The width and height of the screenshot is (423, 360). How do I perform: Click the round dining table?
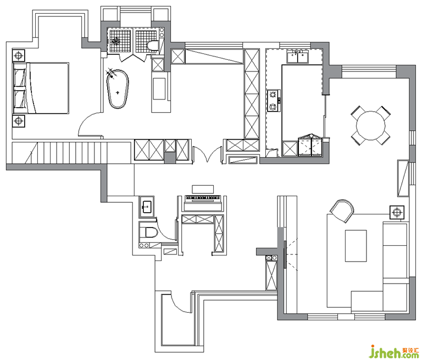371,125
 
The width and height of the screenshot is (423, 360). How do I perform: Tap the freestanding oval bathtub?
118,89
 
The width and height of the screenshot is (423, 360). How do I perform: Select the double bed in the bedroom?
41,88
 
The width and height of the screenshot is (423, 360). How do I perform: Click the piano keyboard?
202,198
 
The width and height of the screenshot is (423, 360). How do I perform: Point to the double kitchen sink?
298,57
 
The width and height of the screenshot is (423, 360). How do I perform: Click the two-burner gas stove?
274,101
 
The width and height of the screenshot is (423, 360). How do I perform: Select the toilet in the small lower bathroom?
148,232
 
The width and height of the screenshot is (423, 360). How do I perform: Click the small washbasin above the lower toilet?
147,207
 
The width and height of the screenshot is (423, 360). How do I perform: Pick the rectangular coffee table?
356,246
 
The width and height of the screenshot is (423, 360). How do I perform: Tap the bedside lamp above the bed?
19,56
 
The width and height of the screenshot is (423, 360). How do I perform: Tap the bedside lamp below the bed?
19,121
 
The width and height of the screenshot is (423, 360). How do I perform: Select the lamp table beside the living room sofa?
397,212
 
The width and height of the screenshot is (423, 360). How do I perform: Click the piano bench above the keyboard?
203,189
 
